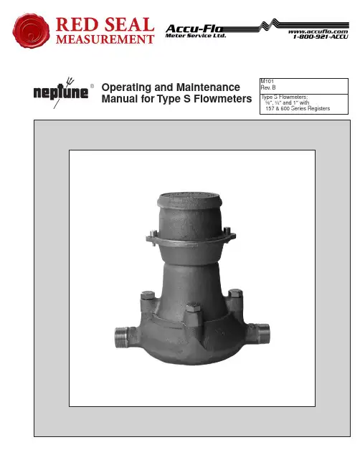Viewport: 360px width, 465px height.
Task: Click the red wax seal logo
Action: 31,30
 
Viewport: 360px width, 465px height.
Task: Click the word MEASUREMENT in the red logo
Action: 105,39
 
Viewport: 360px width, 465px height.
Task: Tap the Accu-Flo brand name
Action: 194,29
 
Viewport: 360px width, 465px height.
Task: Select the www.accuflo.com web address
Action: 318,32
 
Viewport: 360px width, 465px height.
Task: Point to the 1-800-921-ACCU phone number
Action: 321,37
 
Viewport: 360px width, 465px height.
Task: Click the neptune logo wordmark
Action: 61,92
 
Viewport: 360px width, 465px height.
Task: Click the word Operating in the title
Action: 126,87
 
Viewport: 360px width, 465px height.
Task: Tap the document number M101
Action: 267,81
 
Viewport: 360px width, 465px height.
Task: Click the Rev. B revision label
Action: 268,87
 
